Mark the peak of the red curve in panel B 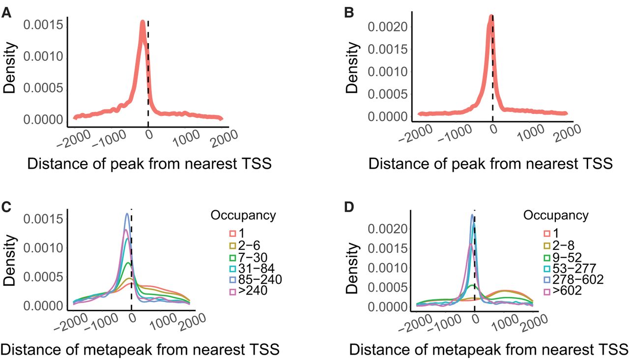pos(491,17)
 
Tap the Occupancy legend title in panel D pos(555,215)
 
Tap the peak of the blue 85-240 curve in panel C pos(127,214)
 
